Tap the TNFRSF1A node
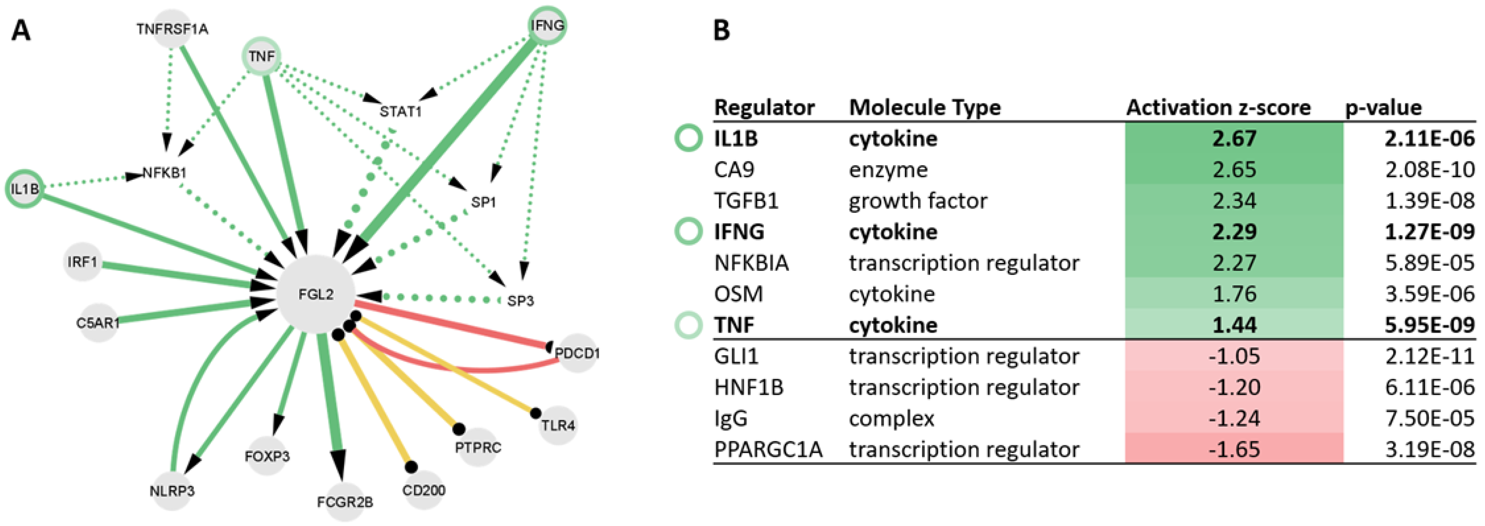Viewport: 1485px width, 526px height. pyautogui.click(x=172, y=28)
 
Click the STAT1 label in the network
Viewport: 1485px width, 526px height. pyautogui.click(x=400, y=111)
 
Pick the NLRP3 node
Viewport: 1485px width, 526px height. pyautogui.click(x=172, y=491)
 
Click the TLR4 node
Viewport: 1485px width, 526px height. pyautogui.click(x=558, y=425)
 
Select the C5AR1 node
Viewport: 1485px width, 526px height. pyautogui.click(x=98, y=323)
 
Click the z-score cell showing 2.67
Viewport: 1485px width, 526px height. pyautogui.click(x=1234, y=139)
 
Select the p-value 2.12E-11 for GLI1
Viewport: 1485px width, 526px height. pyautogui.click(x=1429, y=356)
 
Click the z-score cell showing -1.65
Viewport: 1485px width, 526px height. pyautogui.click(x=1234, y=450)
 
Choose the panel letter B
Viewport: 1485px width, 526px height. pyautogui.click(x=722, y=30)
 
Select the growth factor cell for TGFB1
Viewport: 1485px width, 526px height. pyautogui.click(x=917, y=201)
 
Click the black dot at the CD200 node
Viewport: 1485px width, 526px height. pyautogui.click(x=410, y=466)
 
